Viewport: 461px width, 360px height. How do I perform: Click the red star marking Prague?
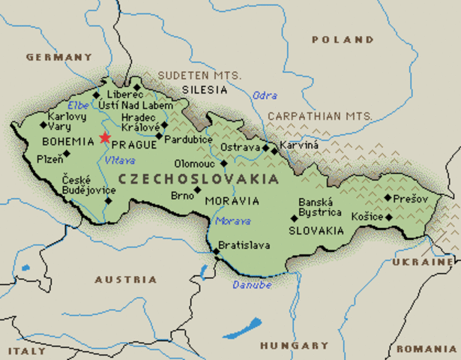tap(104, 138)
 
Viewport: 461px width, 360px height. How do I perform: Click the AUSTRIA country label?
tap(126, 279)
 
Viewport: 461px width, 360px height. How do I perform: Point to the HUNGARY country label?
tap(294, 346)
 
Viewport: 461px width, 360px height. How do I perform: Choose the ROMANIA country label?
tap(426, 349)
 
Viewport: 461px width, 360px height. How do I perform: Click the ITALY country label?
tap(26, 350)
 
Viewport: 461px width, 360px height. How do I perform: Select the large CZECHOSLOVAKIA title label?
tap(198, 179)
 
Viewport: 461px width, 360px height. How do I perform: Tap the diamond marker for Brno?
tap(197, 190)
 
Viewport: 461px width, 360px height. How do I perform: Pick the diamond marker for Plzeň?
tap(67, 154)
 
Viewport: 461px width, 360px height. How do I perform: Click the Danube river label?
tap(250, 284)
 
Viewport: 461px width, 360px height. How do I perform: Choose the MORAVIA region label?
tap(237, 201)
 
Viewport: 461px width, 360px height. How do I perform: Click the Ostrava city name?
tap(242, 148)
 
